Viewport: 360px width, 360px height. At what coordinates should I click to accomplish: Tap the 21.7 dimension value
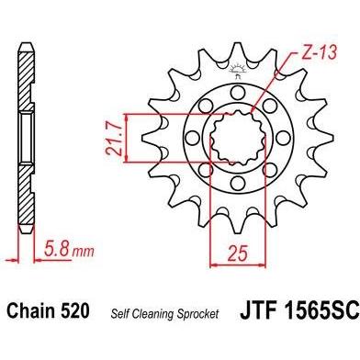click(113, 138)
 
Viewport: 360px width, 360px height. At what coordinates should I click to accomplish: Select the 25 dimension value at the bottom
click(238, 253)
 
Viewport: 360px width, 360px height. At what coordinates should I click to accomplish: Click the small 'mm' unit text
click(83, 252)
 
